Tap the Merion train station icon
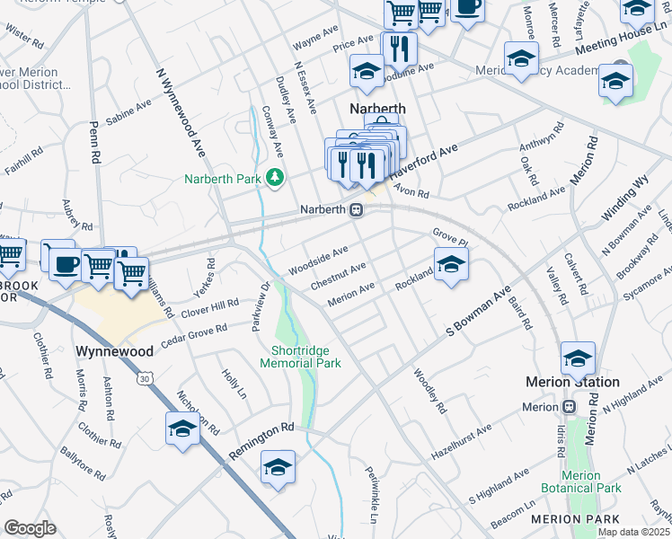tap(570, 406)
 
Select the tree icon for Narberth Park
tap(275, 179)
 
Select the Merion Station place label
tap(572, 382)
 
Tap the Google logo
tap(30, 527)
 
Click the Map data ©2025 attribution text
tap(633, 532)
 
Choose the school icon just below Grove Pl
tap(451, 264)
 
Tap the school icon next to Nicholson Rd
tap(182, 428)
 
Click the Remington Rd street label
tap(261, 442)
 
